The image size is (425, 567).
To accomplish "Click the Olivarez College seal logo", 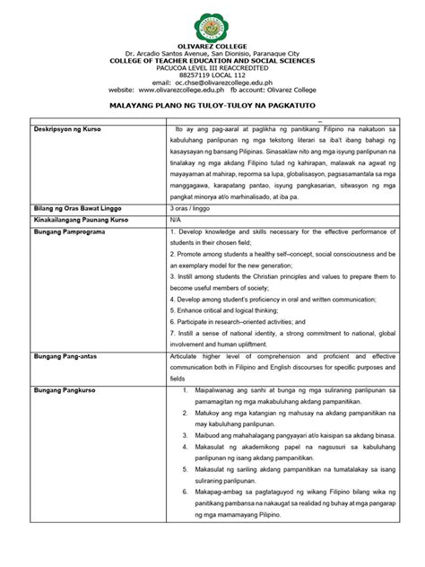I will click(x=212, y=24).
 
